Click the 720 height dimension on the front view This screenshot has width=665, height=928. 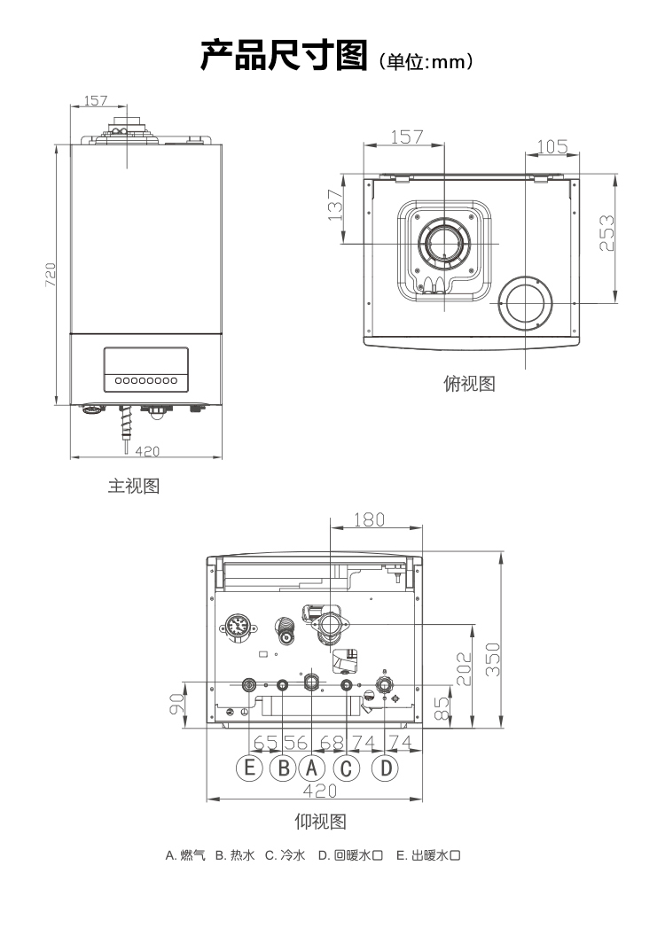click(x=51, y=275)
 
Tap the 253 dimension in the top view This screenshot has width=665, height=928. click(x=606, y=233)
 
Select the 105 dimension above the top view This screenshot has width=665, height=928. click(x=552, y=146)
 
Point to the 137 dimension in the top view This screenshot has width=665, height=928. click(x=335, y=205)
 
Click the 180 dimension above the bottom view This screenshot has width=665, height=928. click(x=369, y=519)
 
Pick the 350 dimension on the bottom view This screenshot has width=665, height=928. click(x=493, y=659)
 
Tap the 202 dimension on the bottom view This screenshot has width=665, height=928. click(x=464, y=669)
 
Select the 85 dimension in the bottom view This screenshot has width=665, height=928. click(x=442, y=708)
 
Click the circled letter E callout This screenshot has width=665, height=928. click(x=249, y=768)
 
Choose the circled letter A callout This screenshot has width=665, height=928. click(x=312, y=768)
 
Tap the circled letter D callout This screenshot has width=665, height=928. click(x=386, y=768)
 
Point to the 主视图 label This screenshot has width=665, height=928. click(x=134, y=486)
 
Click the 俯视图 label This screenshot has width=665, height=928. click(x=470, y=384)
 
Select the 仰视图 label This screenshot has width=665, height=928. click(x=320, y=822)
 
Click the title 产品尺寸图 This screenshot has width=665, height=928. click(x=284, y=55)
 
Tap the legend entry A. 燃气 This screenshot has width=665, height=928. click(x=185, y=855)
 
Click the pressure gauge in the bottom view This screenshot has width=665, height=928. click(x=238, y=626)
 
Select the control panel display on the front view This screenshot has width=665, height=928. click(x=146, y=370)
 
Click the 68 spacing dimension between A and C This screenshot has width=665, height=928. click(x=332, y=742)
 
